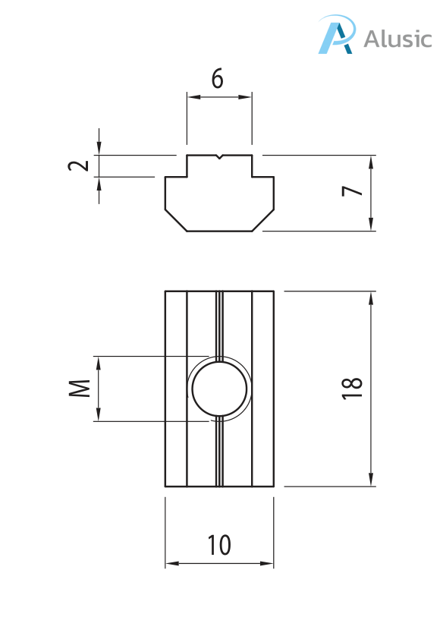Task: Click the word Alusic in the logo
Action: (x=397, y=38)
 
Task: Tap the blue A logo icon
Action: (x=336, y=36)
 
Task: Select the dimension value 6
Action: (x=218, y=79)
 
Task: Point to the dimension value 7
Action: (x=351, y=191)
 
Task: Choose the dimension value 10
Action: (x=218, y=544)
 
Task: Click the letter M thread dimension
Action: (x=80, y=389)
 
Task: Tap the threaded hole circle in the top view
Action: (x=220, y=389)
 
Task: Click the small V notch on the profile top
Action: (x=219, y=157)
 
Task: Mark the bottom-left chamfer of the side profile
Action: (x=176, y=220)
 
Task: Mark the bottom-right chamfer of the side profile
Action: (x=263, y=220)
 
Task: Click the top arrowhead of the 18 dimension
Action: (x=371, y=298)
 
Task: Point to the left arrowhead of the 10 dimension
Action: (x=171, y=564)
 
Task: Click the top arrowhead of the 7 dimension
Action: (x=371, y=162)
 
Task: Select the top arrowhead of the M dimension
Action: (x=98, y=362)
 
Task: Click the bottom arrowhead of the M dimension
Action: (x=98, y=415)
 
